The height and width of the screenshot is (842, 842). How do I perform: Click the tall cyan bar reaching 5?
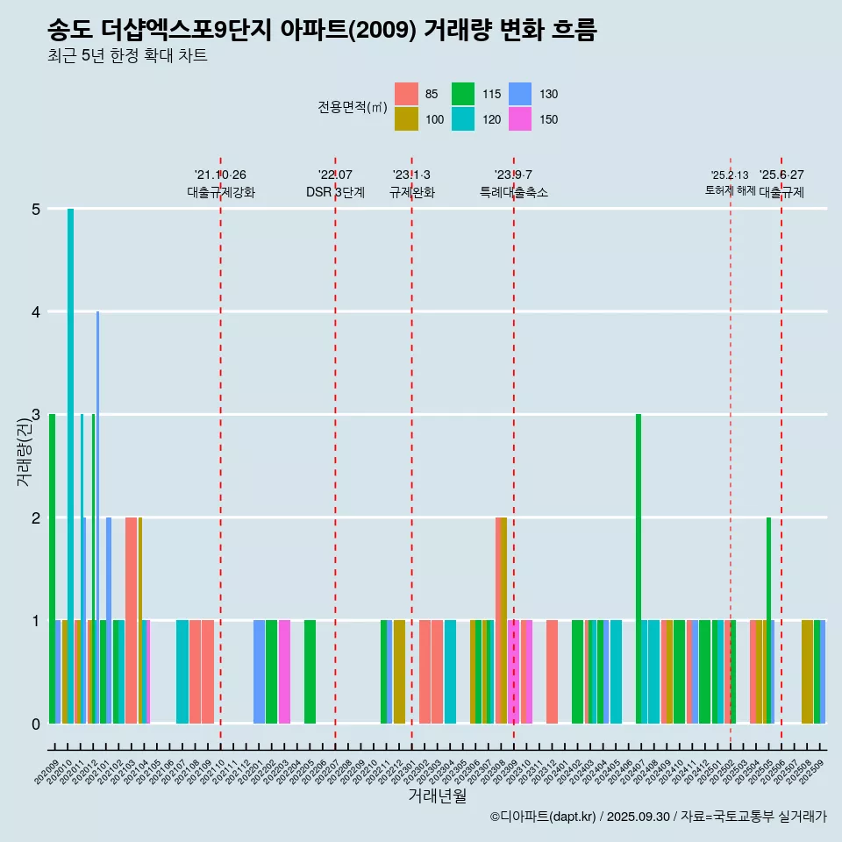pos(70,465)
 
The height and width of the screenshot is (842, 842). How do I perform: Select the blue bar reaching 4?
pos(97,517)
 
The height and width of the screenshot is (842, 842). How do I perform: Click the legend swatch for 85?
pos(406,94)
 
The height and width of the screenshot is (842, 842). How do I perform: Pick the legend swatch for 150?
pos(520,119)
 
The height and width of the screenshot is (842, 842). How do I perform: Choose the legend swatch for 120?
pos(463,119)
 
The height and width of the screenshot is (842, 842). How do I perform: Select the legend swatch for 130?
pos(520,94)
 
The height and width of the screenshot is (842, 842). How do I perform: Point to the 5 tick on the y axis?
pos(36,209)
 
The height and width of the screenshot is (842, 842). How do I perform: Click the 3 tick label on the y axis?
pos(36,415)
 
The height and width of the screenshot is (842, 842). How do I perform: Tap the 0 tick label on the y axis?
pos(36,724)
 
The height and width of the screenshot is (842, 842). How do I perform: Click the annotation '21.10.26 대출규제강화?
pos(221,184)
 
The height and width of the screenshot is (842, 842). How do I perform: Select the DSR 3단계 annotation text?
pos(335,192)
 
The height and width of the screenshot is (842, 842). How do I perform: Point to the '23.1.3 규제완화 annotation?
pos(412,184)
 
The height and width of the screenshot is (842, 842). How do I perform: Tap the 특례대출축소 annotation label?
pos(514,192)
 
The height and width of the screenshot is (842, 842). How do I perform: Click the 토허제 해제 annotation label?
pos(731,190)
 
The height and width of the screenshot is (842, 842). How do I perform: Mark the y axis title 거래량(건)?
pos(25,452)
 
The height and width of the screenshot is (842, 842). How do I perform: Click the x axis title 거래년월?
pos(437,796)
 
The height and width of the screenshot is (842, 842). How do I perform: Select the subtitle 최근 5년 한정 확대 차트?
pos(127,57)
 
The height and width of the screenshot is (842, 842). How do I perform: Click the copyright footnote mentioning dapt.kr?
pos(658,817)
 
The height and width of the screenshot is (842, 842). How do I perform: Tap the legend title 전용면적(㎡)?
pos(353,107)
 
